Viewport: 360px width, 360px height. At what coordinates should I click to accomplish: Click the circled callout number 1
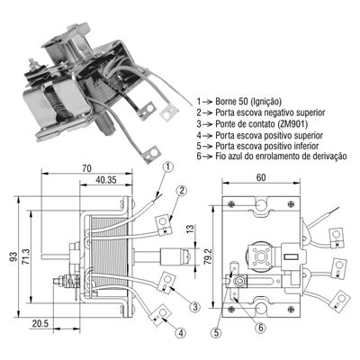(x=169, y=166)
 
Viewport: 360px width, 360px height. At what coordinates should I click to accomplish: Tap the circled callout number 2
(x=182, y=191)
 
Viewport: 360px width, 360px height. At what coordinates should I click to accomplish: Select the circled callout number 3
(x=194, y=307)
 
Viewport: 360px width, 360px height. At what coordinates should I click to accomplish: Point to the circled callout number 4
(x=181, y=332)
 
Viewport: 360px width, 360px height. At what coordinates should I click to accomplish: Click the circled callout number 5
(x=216, y=332)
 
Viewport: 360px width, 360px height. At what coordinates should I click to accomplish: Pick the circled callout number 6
(x=260, y=328)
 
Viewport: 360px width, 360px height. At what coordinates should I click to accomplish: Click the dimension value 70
(x=86, y=168)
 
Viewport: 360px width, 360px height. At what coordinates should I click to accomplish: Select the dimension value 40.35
(x=106, y=180)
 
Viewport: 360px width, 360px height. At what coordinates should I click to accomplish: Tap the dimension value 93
(x=14, y=257)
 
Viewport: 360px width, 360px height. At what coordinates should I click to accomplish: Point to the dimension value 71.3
(x=26, y=257)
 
